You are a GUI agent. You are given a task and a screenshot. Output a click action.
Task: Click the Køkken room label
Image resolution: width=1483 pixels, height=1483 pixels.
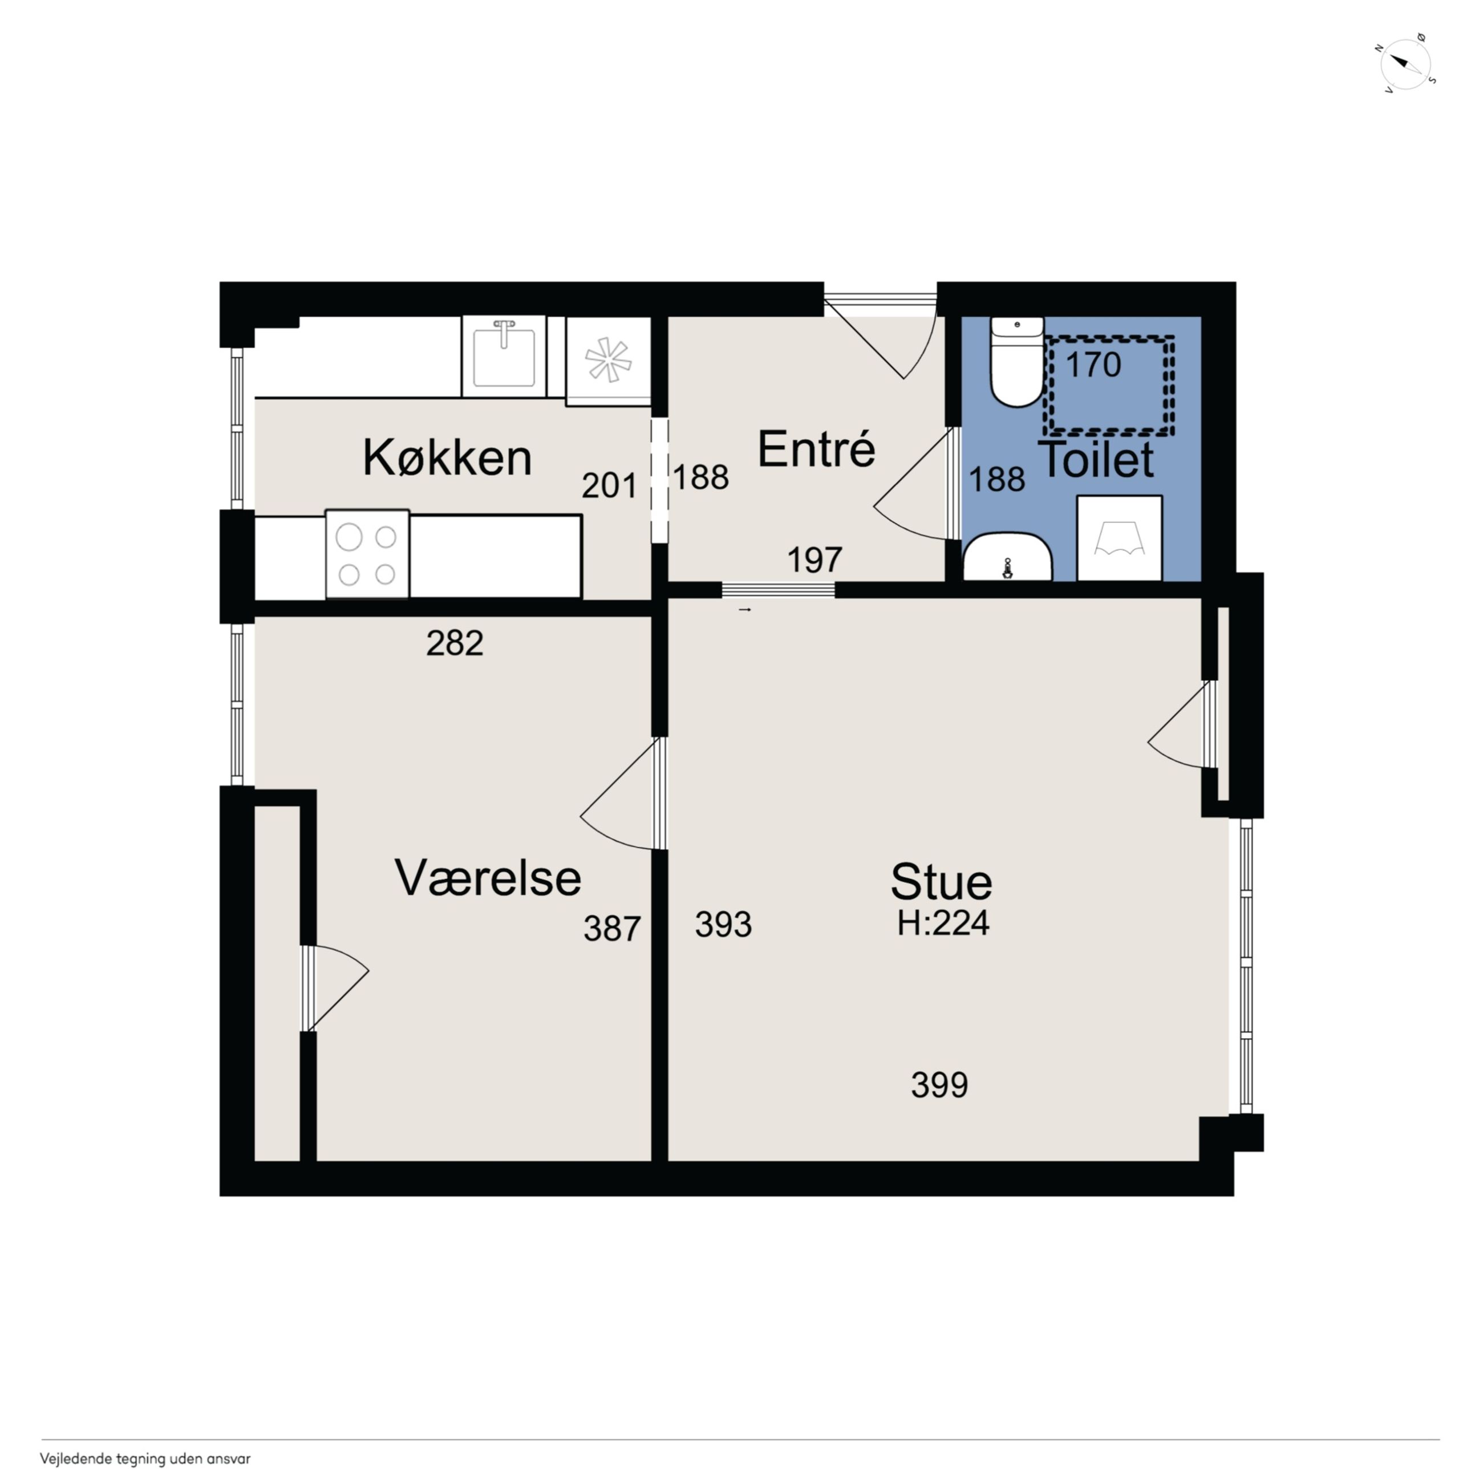tap(448, 458)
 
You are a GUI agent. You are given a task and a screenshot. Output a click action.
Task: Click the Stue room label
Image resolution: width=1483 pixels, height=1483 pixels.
tap(941, 882)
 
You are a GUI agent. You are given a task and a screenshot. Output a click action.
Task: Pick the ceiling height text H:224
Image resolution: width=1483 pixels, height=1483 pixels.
tap(943, 923)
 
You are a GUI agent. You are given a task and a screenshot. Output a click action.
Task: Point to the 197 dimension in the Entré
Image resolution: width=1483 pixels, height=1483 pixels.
tap(815, 560)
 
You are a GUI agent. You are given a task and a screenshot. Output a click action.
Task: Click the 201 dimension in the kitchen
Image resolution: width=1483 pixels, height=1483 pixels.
tap(610, 485)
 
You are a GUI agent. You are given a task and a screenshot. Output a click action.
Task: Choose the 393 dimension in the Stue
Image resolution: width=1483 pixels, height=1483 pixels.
tap(723, 924)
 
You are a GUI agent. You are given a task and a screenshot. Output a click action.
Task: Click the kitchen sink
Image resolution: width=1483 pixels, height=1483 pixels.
tap(504, 356)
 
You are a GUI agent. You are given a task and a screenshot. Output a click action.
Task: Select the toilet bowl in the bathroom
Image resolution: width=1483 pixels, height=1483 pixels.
tap(1017, 362)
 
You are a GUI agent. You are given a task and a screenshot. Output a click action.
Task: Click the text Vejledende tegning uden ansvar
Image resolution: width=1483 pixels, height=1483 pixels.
tap(145, 1458)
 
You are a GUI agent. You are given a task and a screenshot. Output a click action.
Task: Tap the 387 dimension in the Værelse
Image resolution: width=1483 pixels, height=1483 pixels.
tap(612, 929)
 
